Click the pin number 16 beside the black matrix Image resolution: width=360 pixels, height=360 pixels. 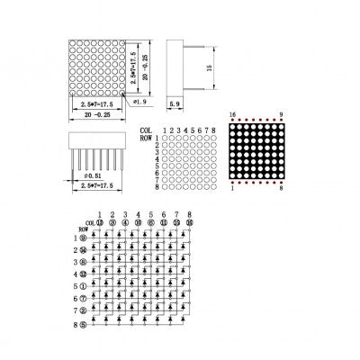(x=232, y=115)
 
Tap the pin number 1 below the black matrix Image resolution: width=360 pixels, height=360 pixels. (x=233, y=188)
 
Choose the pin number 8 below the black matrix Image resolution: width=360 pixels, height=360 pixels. (x=283, y=188)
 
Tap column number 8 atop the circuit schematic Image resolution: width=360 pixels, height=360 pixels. (x=190, y=214)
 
